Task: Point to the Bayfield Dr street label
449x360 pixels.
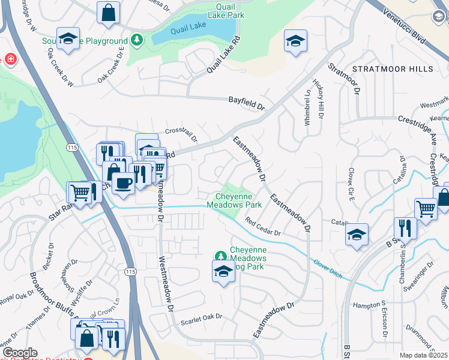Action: click(246, 104)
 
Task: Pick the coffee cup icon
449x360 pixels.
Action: click(124, 183)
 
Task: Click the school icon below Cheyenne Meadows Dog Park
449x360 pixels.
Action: click(223, 272)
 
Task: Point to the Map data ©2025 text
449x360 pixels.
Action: click(423, 355)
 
